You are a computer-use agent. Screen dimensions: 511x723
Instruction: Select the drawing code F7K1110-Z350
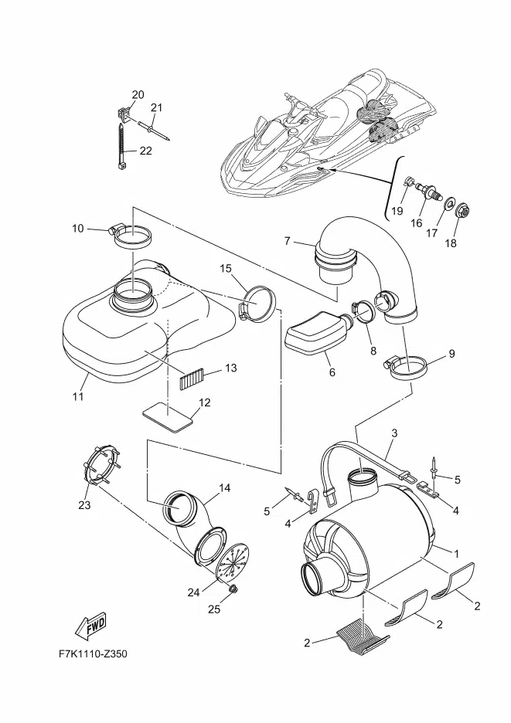coord(93,653)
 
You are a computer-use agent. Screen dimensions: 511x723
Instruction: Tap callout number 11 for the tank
coord(79,396)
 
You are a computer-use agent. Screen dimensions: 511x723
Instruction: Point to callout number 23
coord(84,505)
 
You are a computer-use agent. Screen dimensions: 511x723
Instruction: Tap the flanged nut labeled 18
coord(462,212)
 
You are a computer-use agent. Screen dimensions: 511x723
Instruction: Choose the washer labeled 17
coord(448,204)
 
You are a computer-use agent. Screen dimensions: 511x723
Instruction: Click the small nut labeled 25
coord(233,588)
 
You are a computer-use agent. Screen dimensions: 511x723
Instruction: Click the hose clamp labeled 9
coord(407,367)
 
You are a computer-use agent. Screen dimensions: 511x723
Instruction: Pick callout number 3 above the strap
coord(394,433)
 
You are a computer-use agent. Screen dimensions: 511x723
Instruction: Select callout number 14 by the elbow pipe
coord(224,487)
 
